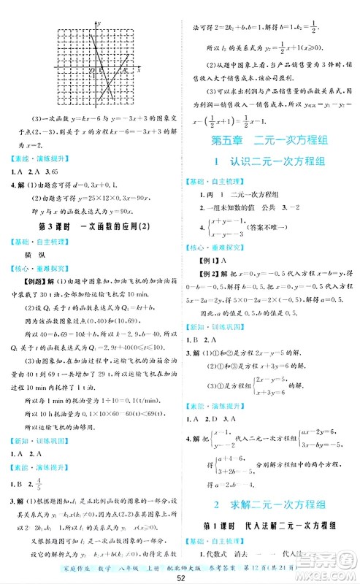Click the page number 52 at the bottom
point(180,577)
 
